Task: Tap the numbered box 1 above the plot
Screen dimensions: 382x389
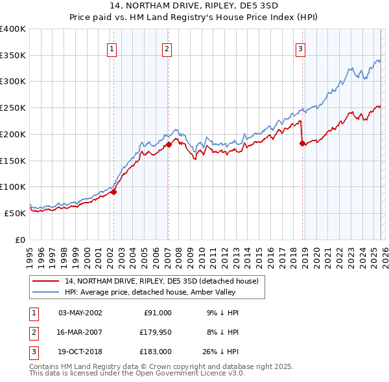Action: [x=112, y=49]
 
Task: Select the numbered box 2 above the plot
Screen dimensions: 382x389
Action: [x=167, y=49]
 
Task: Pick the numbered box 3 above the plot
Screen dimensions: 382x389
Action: [x=301, y=49]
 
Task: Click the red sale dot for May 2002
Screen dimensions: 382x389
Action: [x=113, y=191]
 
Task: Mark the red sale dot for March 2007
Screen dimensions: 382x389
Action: [x=169, y=144]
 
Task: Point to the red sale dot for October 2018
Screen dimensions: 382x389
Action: [x=302, y=143]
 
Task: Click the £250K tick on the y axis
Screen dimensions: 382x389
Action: [x=13, y=108]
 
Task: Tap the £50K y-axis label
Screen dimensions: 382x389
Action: [x=15, y=213]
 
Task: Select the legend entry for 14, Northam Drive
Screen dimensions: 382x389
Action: [x=161, y=281]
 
